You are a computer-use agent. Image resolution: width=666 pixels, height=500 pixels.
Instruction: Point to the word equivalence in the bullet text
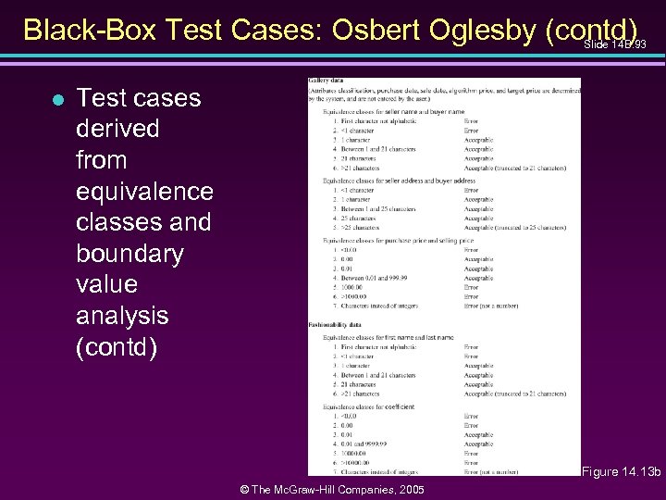[x=144, y=191]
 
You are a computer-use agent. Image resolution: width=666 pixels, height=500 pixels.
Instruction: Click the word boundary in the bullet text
[x=129, y=253]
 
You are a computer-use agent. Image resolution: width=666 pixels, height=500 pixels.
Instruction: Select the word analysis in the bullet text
[x=122, y=315]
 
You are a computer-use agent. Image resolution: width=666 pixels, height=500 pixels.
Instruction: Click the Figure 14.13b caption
[x=621, y=472]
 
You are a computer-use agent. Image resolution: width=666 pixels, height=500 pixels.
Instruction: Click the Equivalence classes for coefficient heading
[x=367, y=406]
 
